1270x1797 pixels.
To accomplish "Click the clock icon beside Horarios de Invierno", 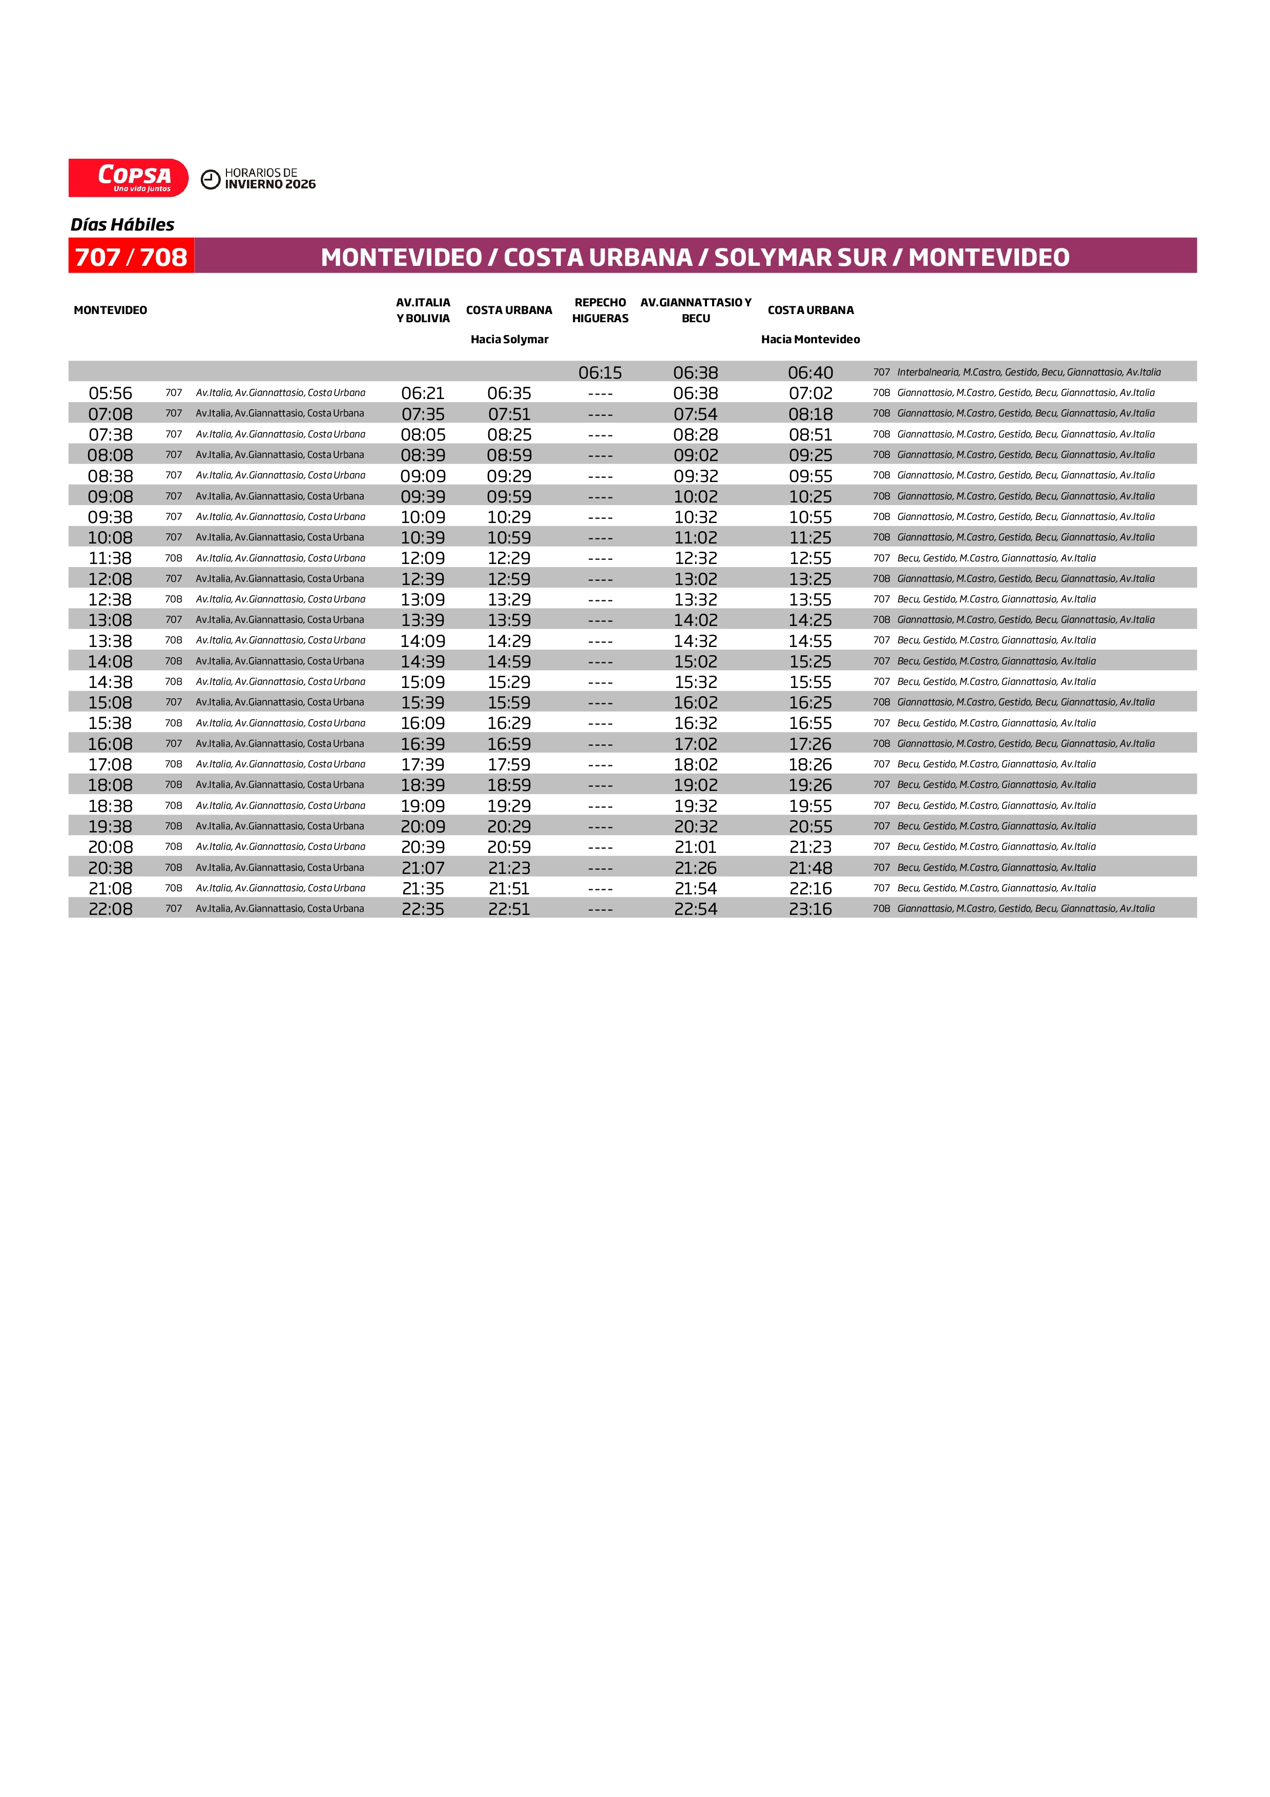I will click(211, 179).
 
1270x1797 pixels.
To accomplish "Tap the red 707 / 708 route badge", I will click(131, 257).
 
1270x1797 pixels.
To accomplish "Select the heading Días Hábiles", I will click(122, 224).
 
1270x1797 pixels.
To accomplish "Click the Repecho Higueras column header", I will click(600, 310).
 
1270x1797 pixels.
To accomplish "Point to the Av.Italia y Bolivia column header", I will click(423, 310).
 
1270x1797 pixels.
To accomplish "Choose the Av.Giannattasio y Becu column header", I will click(696, 310).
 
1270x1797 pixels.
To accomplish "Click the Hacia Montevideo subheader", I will click(810, 339).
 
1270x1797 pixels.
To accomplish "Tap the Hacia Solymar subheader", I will click(509, 339).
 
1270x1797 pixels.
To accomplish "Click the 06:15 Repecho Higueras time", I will click(600, 372).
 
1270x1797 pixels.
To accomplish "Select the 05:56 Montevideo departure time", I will click(110, 393).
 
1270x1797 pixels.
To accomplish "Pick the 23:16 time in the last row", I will click(810, 909).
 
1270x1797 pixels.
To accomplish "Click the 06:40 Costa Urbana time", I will click(810, 372).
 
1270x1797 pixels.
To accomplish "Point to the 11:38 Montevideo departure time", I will click(110, 558).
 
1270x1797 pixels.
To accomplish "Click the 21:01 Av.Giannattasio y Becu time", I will click(696, 847).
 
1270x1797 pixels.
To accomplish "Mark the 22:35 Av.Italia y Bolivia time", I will click(423, 909).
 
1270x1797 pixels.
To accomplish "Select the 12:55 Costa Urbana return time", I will click(810, 558).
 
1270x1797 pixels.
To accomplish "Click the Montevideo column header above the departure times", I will click(110, 310).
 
